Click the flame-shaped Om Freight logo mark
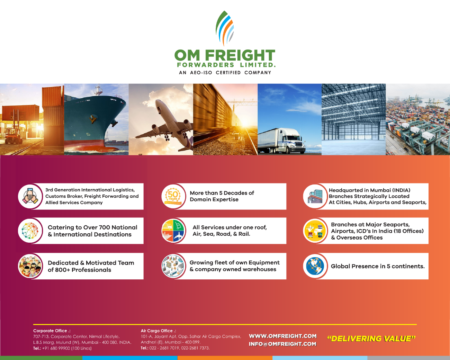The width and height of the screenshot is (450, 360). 225,28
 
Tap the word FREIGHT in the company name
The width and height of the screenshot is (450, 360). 240,55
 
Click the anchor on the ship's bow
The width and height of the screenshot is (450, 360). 92,119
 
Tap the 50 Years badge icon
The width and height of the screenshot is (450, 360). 173,196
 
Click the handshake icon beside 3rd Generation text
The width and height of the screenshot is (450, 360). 30,196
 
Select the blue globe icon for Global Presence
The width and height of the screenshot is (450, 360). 315,266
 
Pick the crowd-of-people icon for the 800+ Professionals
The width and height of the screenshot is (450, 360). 30,266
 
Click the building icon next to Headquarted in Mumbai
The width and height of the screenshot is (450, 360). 315,196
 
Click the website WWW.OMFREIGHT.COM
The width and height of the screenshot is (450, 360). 283,336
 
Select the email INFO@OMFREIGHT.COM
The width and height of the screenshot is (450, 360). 282,344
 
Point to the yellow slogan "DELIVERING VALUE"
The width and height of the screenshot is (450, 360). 371,339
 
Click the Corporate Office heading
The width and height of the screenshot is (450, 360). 52,331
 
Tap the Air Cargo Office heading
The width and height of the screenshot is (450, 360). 158,331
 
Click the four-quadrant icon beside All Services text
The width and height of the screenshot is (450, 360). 173,231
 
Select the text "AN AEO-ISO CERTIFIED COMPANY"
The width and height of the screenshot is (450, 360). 225,73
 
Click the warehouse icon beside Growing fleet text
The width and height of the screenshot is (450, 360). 173,266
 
